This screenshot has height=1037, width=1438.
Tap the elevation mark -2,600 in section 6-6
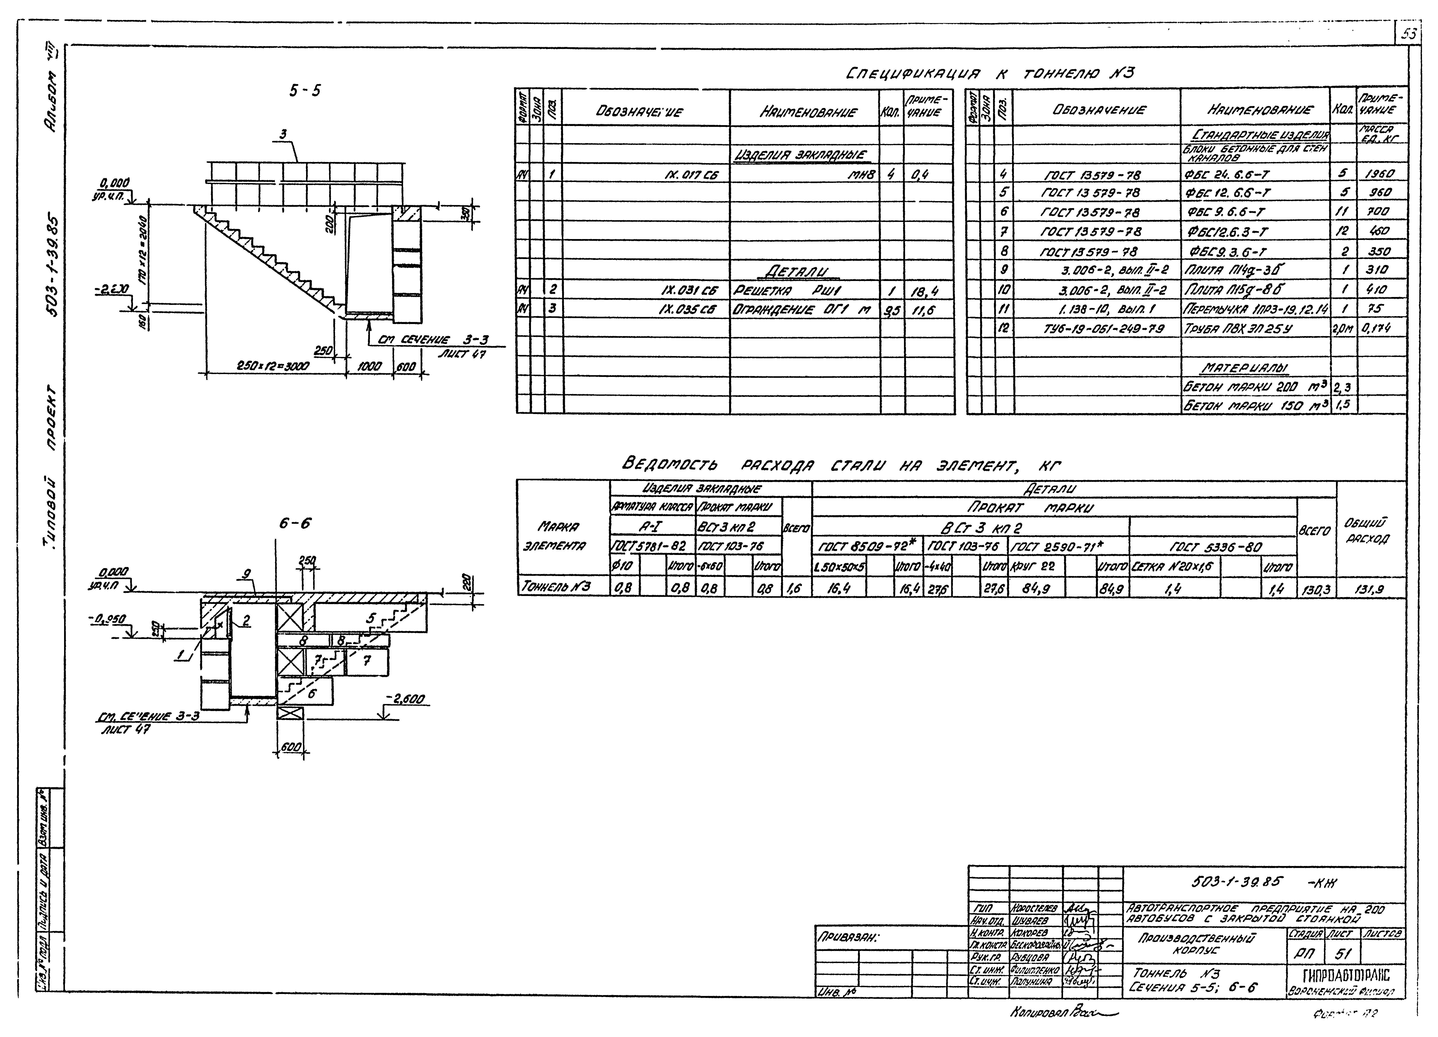406,700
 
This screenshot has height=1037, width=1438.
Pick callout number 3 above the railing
283,134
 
